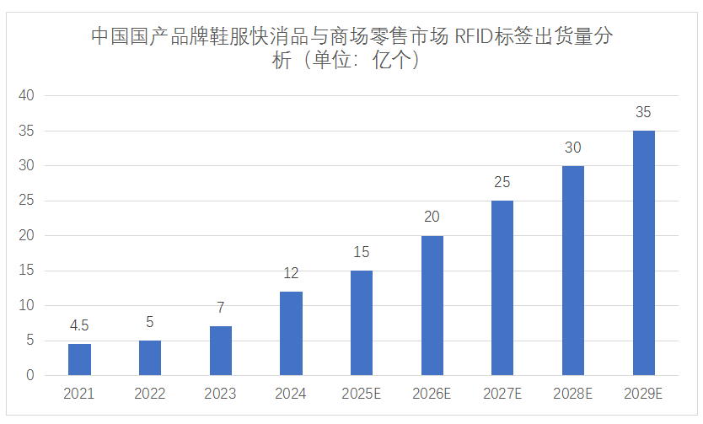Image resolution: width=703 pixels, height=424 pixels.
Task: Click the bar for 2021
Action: tap(79, 359)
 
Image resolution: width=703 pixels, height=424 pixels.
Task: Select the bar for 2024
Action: tap(291, 333)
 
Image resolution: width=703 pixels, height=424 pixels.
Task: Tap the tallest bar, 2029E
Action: tap(643, 253)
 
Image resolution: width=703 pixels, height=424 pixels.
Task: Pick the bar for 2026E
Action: tap(432, 305)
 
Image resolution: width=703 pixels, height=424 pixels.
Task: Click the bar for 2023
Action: tap(220, 351)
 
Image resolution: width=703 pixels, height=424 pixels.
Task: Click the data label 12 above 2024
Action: tap(291, 274)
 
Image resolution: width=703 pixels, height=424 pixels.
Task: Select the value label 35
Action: tap(643, 113)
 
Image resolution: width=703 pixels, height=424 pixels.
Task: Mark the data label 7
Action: tap(220, 309)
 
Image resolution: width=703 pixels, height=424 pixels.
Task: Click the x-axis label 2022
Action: tap(150, 394)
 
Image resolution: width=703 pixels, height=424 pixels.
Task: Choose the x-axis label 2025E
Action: tap(362, 394)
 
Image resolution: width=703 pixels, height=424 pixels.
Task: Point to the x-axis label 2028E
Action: tap(573, 394)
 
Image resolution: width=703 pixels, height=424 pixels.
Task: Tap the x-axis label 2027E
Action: tap(502, 394)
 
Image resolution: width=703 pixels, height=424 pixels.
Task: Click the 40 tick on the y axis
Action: tap(26, 96)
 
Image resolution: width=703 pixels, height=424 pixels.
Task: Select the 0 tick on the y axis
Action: tap(30, 376)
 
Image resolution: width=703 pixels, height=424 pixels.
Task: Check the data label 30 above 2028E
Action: tap(573, 148)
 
